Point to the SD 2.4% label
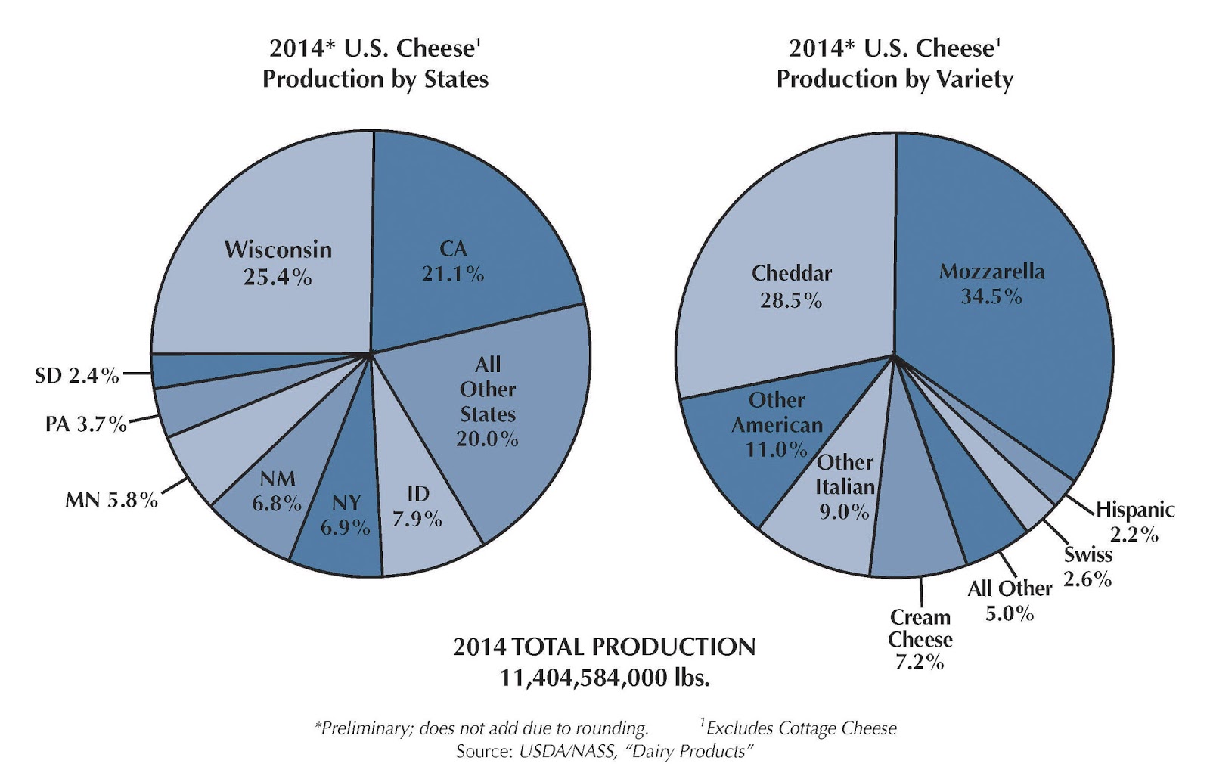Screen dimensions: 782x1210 [77, 375]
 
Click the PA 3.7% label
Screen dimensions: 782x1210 [85, 424]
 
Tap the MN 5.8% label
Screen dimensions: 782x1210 [111, 499]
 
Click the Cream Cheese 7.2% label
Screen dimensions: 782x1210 [920, 639]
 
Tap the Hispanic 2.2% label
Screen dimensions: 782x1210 [1134, 522]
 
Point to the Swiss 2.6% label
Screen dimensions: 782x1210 [1087, 566]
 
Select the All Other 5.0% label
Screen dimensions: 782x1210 [1010, 600]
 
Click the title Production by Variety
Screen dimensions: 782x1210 [895, 79]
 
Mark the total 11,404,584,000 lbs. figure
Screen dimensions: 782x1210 [604, 677]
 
